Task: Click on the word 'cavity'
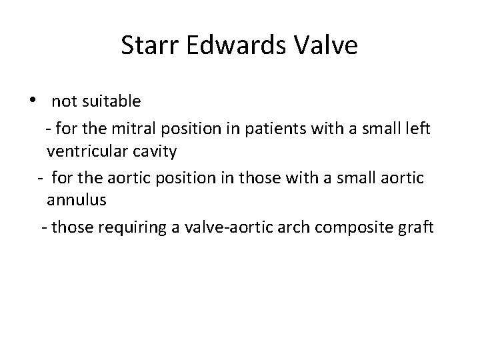154,152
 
